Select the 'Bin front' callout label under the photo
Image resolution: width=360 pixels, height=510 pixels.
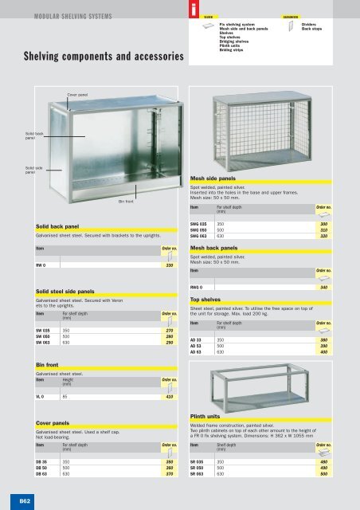pyautogui.click(x=125, y=202)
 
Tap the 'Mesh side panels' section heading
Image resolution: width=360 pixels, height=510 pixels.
pyautogui.click(x=221, y=179)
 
